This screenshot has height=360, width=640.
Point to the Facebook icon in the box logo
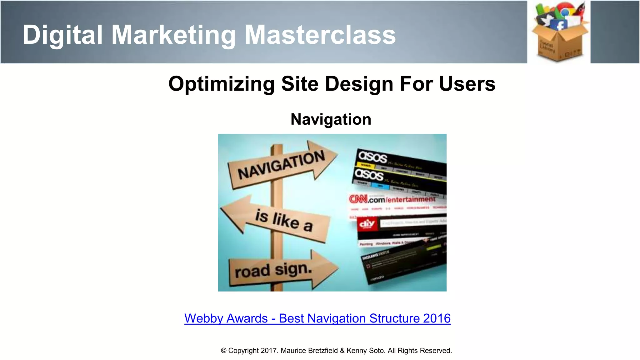click(560, 25)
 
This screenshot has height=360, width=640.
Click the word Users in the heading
click(467, 84)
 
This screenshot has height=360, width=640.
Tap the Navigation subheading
click(331, 119)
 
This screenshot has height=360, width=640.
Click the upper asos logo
click(373, 157)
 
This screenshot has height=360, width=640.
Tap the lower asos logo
click(369, 174)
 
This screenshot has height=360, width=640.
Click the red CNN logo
click(358, 199)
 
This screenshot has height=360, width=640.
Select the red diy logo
click(367, 224)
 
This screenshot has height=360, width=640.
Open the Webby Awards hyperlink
click(317, 318)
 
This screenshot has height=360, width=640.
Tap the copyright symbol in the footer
click(224, 351)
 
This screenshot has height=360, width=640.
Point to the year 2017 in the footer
click(268, 351)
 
